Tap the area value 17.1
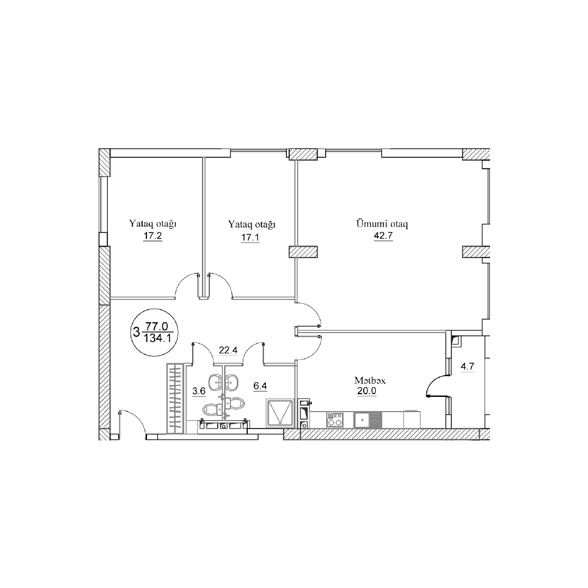[x=250, y=237]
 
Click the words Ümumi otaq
[x=382, y=224]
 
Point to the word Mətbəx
[x=370, y=381]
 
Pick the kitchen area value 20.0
[x=367, y=391]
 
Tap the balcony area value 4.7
[x=468, y=366]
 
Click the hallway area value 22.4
[x=228, y=350]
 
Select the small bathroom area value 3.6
[x=199, y=391]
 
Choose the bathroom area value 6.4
[x=260, y=385]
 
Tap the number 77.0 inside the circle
[x=157, y=327]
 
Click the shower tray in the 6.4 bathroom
[x=280, y=413]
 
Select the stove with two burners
[x=334, y=420]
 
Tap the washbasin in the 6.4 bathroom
[x=233, y=382]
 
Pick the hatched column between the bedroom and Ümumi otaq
[x=303, y=252]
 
